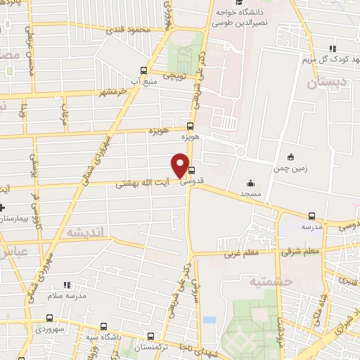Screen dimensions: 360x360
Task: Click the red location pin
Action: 181,165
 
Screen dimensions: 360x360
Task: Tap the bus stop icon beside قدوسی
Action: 192,169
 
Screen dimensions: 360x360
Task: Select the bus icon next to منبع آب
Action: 144,70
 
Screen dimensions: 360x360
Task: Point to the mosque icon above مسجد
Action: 251,183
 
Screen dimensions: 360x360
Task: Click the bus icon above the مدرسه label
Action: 311,216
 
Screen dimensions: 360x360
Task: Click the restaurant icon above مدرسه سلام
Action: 67,285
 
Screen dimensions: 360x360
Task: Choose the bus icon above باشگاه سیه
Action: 104,326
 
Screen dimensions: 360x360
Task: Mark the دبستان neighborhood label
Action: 325,83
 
